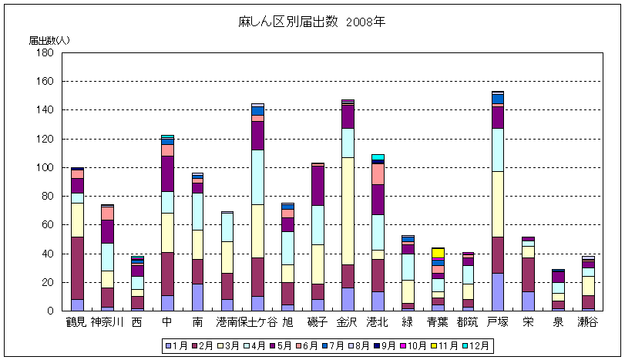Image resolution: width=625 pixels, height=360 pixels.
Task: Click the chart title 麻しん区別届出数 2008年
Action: coord(312,22)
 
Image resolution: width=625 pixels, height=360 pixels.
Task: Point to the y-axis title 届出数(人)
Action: coord(49,39)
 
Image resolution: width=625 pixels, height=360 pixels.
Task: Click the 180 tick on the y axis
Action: coord(44,52)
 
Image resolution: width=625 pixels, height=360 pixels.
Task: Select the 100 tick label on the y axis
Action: coord(44,167)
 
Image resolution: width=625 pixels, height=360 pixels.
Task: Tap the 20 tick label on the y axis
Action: coord(47,282)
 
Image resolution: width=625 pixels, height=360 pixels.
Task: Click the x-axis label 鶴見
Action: coord(77,321)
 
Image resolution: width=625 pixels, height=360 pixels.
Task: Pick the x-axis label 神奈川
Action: coord(107,321)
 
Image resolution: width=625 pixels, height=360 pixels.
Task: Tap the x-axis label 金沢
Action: coord(348,321)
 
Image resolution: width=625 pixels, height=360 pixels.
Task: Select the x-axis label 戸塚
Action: coord(497,321)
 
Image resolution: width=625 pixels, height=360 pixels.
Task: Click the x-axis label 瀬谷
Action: coord(587,321)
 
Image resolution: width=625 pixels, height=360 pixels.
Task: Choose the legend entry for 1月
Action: coord(177,346)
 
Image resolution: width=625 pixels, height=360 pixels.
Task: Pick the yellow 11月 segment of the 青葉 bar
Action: coord(438,253)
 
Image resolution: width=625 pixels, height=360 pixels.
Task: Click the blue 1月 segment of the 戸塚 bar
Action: coord(497,292)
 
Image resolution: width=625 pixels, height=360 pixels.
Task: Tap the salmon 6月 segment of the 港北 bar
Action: coord(378,174)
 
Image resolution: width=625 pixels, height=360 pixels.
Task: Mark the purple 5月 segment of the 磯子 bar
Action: coord(318,186)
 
